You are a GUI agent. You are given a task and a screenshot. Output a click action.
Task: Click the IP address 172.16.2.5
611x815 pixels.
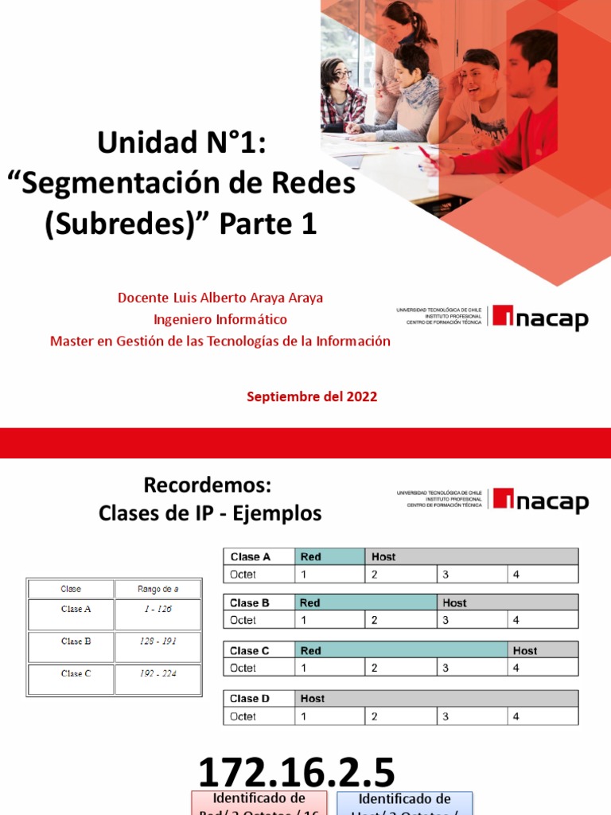(296, 773)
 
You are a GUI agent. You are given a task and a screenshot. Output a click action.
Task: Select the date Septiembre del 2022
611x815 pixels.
(312, 396)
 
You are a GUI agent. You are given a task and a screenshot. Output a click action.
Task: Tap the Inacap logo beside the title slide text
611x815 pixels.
(540, 317)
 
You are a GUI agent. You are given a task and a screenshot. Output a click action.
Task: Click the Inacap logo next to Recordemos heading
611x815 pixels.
(540, 501)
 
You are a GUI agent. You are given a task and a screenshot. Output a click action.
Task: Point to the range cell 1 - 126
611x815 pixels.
(158, 610)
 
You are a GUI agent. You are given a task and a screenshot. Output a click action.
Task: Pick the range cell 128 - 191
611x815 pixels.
(158, 641)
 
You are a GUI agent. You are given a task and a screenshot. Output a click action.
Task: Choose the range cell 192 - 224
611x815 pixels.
(158, 673)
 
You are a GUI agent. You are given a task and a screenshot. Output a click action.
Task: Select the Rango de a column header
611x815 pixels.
(158, 589)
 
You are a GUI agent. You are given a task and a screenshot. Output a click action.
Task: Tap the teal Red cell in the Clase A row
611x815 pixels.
(329, 557)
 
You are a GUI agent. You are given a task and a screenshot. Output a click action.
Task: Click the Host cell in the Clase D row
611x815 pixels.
(436, 699)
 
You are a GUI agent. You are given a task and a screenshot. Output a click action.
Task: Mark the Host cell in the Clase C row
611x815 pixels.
(543, 651)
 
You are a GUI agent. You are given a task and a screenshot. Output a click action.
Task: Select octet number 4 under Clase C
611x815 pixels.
(543, 669)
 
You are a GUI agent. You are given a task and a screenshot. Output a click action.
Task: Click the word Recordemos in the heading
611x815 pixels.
(208, 485)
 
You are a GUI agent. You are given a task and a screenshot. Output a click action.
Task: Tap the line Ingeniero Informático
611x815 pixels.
(220, 319)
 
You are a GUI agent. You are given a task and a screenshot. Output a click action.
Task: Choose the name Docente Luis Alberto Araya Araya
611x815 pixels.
(220, 298)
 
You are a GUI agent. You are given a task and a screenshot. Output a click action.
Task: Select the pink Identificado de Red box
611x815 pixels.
(259, 802)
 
